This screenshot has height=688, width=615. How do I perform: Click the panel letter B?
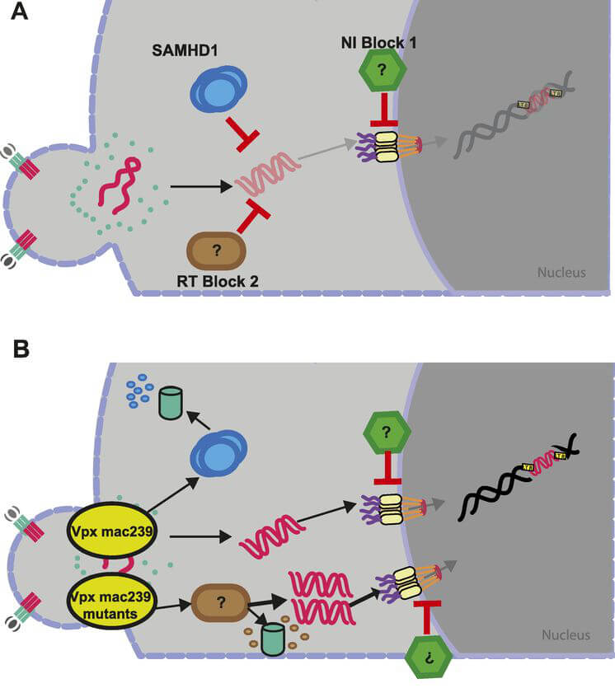[19, 349]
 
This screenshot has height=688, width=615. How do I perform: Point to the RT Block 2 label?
[218, 281]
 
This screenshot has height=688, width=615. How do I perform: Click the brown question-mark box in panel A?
[217, 250]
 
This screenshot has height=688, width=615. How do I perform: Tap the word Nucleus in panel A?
[561, 271]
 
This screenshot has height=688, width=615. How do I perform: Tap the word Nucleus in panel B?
[566, 634]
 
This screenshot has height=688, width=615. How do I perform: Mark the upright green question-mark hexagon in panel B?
[387, 431]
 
